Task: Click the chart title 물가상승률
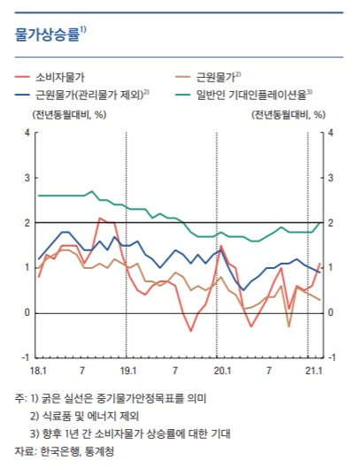(48, 34)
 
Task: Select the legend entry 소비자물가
(60, 77)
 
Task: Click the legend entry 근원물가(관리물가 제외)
(90, 95)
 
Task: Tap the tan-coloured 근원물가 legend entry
(216, 77)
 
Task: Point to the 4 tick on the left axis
(27, 133)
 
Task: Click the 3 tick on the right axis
(331, 178)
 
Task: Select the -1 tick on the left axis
(27, 357)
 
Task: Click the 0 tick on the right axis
(331, 312)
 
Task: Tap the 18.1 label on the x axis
(39, 371)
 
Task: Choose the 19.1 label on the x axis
(128, 371)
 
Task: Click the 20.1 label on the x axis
(222, 371)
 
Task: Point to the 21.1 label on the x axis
(314, 371)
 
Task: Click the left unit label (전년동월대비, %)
(69, 115)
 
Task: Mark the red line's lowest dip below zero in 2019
(191, 331)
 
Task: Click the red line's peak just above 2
(100, 218)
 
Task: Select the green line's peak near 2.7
(92, 191)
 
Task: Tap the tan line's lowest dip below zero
(288, 326)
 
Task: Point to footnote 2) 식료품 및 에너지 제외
(84, 416)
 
